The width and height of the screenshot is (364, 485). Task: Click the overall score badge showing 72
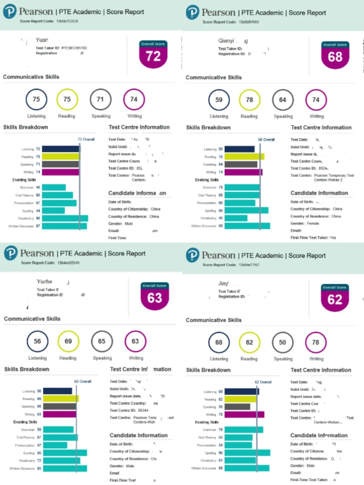pyautogui.click(x=153, y=54)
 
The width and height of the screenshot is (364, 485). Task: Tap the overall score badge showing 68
pyautogui.click(x=335, y=55)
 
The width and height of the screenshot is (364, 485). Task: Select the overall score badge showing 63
pyautogui.click(x=154, y=296)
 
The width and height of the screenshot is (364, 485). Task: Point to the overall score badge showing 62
pyautogui.click(x=334, y=298)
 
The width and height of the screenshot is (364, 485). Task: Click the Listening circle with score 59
pyautogui.click(x=219, y=100)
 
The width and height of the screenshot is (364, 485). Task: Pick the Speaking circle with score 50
pyautogui.click(x=282, y=342)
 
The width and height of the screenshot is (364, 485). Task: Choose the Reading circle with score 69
pyautogui.click(x=68, y=341)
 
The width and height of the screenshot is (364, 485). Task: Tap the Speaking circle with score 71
pyautogui.click(x=100, y=99)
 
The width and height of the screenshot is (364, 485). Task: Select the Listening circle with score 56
pyautogui.click(x=38, y=341)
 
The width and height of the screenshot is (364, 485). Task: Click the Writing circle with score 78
pyautogui.click(x=315, y=342)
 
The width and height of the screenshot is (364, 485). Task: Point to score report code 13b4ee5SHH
pyautogui.click(x=68, y=263)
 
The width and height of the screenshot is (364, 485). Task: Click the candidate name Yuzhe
pyautogui.click(x=45, y=281)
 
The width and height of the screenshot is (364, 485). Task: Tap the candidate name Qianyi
pyautogui.click(x=226, y=41)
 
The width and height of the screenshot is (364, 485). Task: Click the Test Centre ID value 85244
pyautogui.click(x=143, y=410)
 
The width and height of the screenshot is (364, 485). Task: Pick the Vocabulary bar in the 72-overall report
pyautogui.click(x=65, y=218)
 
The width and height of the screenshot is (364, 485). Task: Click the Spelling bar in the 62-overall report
pyautogui.click(x=247, y=453)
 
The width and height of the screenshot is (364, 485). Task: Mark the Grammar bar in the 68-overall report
pyautogui.click(x=242, y=187)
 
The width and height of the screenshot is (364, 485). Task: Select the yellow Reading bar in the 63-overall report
pyautogui.click(x=61, y=399)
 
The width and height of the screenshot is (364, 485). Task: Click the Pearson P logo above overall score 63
pyautogui.click(x=11, y=253)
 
